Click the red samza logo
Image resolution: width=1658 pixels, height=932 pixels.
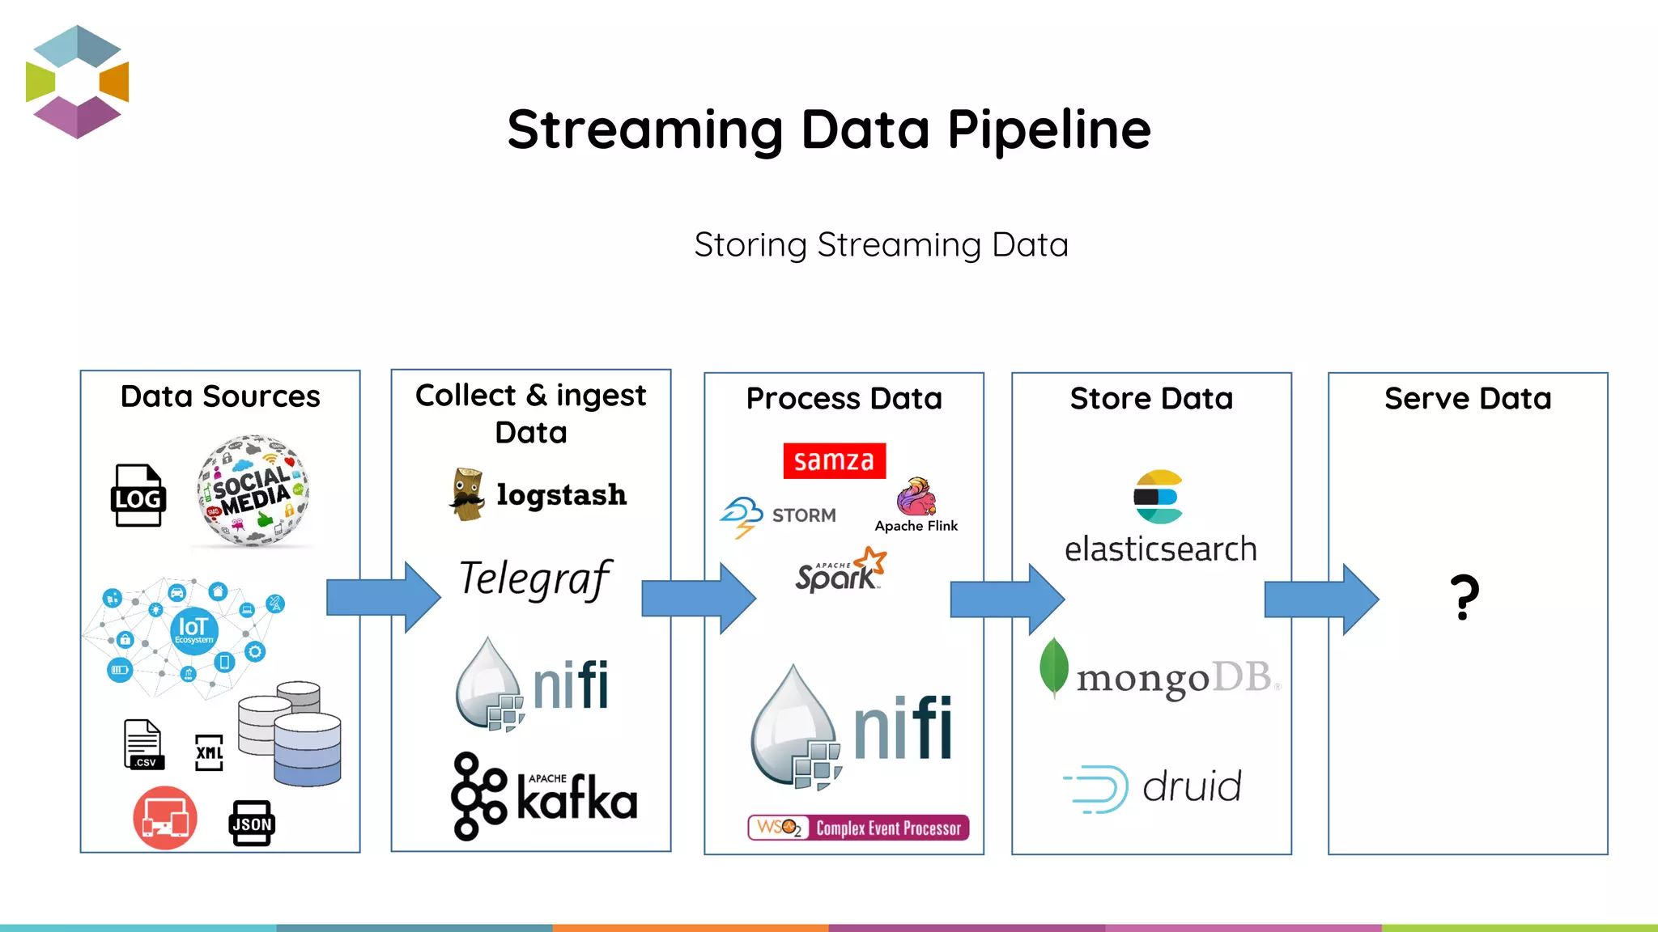click(834, 460)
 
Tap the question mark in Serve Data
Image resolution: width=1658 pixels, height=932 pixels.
click(1465, 597)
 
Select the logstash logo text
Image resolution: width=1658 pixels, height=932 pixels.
click(561, 494)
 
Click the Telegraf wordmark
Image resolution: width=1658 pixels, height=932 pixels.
click(535, 578)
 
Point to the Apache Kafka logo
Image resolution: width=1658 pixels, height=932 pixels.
click(544, 796)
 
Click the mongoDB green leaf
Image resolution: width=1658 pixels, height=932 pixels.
click(1053, 667)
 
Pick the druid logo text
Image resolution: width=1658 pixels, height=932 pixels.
click(1191, 786)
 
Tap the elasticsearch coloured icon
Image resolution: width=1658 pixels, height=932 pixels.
click(1158, 497)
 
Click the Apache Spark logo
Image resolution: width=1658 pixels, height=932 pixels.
click(840, 571)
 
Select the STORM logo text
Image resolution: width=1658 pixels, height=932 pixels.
click(803, 515)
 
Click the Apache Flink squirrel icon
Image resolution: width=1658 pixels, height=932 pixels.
click(916, 497)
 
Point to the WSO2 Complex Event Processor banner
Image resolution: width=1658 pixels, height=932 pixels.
click(858, 828)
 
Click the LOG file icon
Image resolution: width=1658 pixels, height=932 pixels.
click(138, 495)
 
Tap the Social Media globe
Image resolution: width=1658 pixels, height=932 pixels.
click(253, 490)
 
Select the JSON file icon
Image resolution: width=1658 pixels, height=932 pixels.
click(252, 823)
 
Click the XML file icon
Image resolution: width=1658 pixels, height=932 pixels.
click(209, 752)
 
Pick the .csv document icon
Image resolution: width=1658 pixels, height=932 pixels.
click(143, 743)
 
